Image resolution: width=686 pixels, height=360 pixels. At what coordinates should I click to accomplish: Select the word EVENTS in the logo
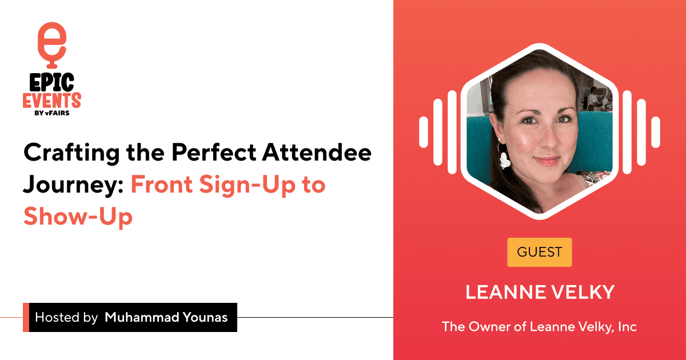tap(52, 101)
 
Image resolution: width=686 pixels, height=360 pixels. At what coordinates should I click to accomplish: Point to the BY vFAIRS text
tap(52, 114)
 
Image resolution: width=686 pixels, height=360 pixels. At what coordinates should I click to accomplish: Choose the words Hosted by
tap(66, 318)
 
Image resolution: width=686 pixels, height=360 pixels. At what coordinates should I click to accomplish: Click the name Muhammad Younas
tap(166, 318)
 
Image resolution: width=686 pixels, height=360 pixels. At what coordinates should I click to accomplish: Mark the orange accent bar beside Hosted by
tap(26, 318)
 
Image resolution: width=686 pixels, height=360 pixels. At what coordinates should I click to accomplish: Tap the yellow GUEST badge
tap(539, 252)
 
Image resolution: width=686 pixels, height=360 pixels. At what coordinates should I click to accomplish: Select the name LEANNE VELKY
tap(540, 292)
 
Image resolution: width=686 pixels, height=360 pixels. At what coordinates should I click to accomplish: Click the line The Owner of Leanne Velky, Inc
tap(539, 327)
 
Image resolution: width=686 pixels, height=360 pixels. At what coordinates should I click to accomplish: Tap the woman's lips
tap(547, 162)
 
